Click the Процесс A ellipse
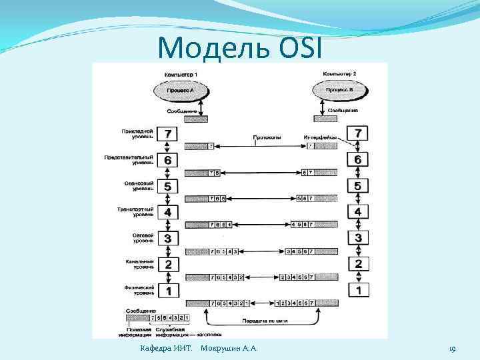tap(179, 89)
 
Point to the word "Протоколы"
tap(267, 138)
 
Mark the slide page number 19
tap(452, 349)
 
